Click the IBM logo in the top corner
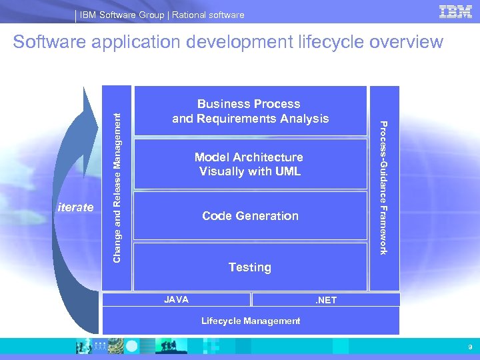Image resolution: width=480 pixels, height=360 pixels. click(456, 12)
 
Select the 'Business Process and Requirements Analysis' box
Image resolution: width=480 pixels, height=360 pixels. click(251, 111)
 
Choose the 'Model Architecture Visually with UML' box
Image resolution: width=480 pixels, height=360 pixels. click(251, 164)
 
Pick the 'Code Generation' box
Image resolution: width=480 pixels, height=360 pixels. click(251, 215)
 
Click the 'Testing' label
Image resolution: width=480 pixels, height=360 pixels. click(250, 267)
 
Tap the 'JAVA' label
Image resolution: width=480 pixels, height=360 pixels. click(176, 300)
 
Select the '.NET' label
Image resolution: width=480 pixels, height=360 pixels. click(327, 301)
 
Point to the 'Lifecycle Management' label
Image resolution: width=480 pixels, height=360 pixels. click(251, 321)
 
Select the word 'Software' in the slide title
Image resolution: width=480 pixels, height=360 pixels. click(49, 42)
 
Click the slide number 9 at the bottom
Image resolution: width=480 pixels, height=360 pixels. click(470, 347)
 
